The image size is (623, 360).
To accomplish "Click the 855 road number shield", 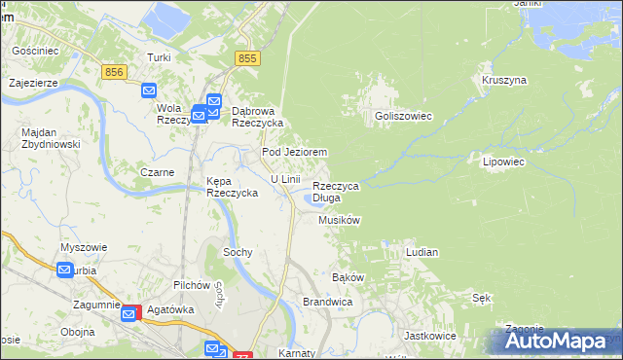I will tap(247, 59).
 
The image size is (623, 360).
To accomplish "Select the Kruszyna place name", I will tap(503, 80).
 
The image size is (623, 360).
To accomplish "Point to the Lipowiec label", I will tap(503, 162).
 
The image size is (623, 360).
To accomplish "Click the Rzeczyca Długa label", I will tap(336, 192).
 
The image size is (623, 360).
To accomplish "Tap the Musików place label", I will tap(340, 221).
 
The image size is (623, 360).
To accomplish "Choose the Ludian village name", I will tap(421, 252).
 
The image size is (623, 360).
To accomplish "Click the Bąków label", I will tap(348, 277).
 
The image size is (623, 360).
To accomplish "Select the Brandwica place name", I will tap(327, 303).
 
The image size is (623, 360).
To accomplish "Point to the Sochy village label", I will tap(238, 252).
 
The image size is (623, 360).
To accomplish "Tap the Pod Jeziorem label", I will tap(294, 153).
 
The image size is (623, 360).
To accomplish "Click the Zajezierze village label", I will tap(34, 83).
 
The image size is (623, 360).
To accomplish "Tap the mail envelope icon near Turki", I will tap(148, 90).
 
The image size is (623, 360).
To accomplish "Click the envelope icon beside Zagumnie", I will tap(128, 313).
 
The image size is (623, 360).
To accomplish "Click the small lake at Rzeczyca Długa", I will tap(314, 200).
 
